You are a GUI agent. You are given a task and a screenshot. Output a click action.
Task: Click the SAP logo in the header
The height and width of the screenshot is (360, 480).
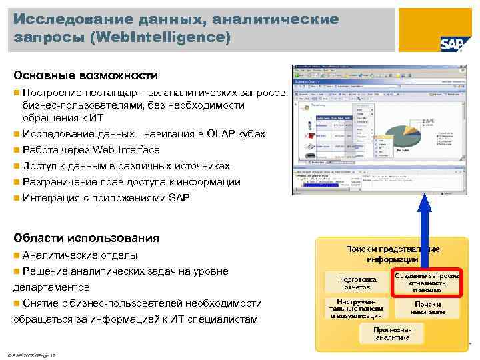tap(452, 43)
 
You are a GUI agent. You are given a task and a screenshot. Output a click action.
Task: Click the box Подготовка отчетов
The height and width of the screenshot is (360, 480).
tap(357, 283)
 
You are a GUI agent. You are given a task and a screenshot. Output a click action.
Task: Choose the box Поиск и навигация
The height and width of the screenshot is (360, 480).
tap(427, 308)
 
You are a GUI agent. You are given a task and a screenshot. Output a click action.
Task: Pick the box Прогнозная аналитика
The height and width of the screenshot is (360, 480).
tap(392, 333)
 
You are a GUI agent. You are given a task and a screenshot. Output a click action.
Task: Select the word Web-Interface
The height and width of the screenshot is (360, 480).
tap(127, 150)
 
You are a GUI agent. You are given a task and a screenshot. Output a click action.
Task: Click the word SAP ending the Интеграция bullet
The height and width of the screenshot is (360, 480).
tap(179, 198)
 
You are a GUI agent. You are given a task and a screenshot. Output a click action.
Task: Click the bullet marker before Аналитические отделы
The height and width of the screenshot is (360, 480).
tap(16, 255)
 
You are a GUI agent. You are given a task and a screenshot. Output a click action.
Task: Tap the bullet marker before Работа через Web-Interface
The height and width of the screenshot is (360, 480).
tap(16, 150)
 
